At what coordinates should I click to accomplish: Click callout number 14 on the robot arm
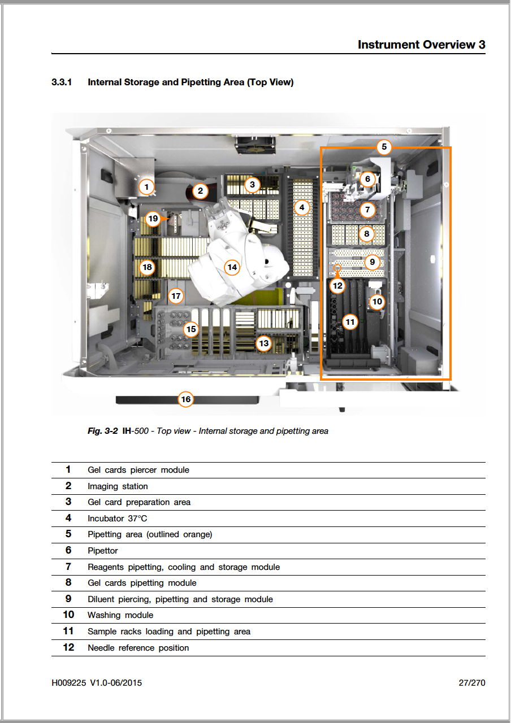point(231,267)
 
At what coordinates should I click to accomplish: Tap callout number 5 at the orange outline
point(384,147)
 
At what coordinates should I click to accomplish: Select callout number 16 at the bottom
point(185,399)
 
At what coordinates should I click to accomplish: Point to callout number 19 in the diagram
point(152,218)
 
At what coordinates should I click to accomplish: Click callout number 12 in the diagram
point(337,285)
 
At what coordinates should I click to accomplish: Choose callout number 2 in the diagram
point(200,191)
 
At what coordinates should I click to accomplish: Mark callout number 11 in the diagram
point(350,323)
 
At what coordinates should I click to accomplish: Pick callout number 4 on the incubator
point(302,207)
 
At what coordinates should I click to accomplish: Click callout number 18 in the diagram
point(147,267)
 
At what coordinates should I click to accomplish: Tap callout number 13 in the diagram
point(263,342)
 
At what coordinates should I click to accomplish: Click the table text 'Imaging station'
point(118,486)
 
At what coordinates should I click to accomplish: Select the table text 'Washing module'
point(120,615)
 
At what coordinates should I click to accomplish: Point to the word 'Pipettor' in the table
point(103,551)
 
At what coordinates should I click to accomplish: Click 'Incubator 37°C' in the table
point(117,519)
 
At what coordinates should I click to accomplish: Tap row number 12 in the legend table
point(68,647)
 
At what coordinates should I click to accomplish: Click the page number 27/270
point(471,683)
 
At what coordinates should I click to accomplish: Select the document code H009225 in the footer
point(68,683)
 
